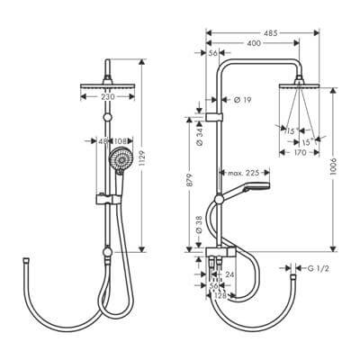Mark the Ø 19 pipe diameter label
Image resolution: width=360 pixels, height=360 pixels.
click(242, 100)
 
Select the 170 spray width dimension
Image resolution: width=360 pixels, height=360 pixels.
click(301, 154)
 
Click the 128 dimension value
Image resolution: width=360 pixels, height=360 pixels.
click(219, 294)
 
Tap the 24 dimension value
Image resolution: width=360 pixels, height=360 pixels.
click(229, 275)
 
